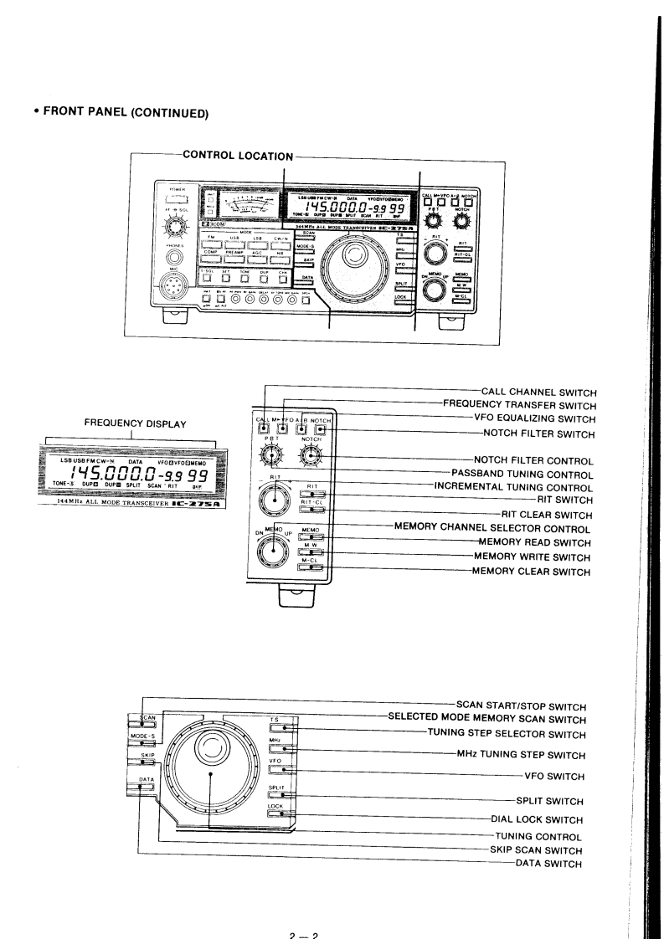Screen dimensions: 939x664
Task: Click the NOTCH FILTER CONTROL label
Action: (x=534, y=462)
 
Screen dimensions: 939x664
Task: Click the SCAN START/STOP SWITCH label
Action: (x=521, y=705)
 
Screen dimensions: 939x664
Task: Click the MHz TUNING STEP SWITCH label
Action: (x=520, y=752)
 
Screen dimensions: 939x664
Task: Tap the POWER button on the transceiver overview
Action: (x=177, y=201)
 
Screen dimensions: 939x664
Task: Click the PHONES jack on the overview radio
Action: (x=175, y=257)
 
